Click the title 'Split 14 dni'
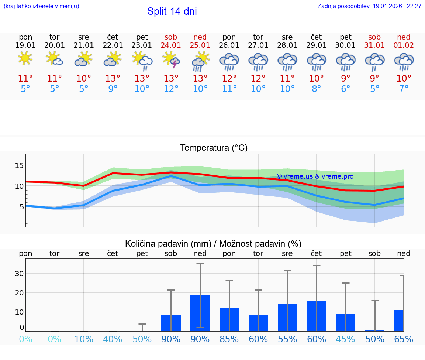point(172,11)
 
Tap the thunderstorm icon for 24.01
point(171,60)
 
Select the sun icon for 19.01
point(25,59)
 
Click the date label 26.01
point(229,45)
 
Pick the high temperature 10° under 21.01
point(84,79)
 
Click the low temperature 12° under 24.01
point(171,89)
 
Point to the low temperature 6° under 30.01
point(346,89)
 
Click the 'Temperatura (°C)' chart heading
point(214,148)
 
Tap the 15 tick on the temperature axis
point(19,165)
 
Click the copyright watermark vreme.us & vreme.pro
point(315,176)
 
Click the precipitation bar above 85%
point(229,320)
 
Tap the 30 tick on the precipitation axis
point(19,274)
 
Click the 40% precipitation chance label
point(113,339)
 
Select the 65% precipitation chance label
point(404,339)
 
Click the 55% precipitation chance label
point(287,339)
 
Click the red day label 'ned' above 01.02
point(404,37)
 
